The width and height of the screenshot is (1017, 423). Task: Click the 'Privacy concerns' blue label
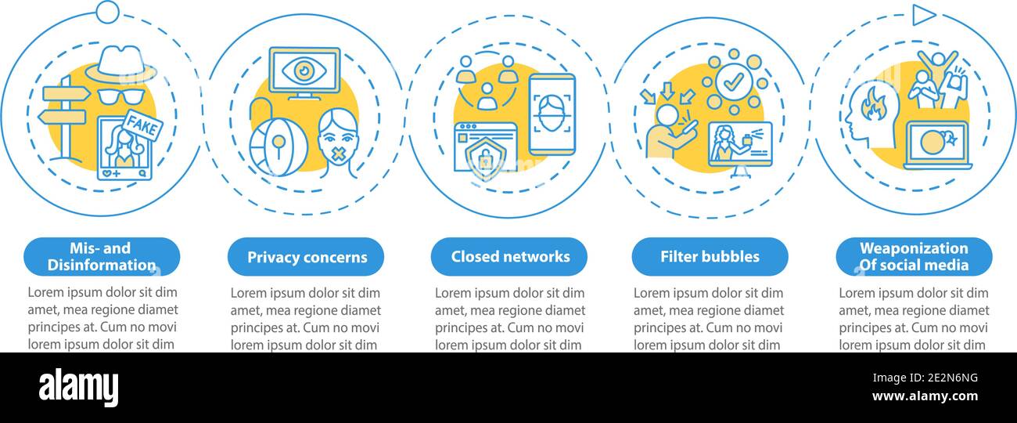click(306, 256)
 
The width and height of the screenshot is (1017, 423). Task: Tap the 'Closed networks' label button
click(509, 256)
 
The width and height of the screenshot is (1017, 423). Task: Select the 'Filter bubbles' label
click(710, 256)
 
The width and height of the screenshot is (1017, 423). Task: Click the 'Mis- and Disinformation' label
click(102, 256)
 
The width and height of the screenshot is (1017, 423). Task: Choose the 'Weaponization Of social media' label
click(914, 256)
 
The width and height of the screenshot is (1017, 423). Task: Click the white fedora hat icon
click(120, 64)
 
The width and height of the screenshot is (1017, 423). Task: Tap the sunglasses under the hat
click(120, 96)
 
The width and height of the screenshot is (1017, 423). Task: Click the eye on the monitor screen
click(304, 70)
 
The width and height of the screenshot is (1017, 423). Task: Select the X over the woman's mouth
click(338, 154)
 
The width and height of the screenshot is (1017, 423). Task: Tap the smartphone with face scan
click(552, 114)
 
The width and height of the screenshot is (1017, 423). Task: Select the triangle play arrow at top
click(923, 15)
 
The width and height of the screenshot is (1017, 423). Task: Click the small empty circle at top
click(108, 13)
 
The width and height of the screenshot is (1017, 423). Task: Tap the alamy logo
click(78, 388)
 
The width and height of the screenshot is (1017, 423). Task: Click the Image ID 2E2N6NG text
click(925, 378)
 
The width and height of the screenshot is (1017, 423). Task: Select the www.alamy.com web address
click(925, 396)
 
